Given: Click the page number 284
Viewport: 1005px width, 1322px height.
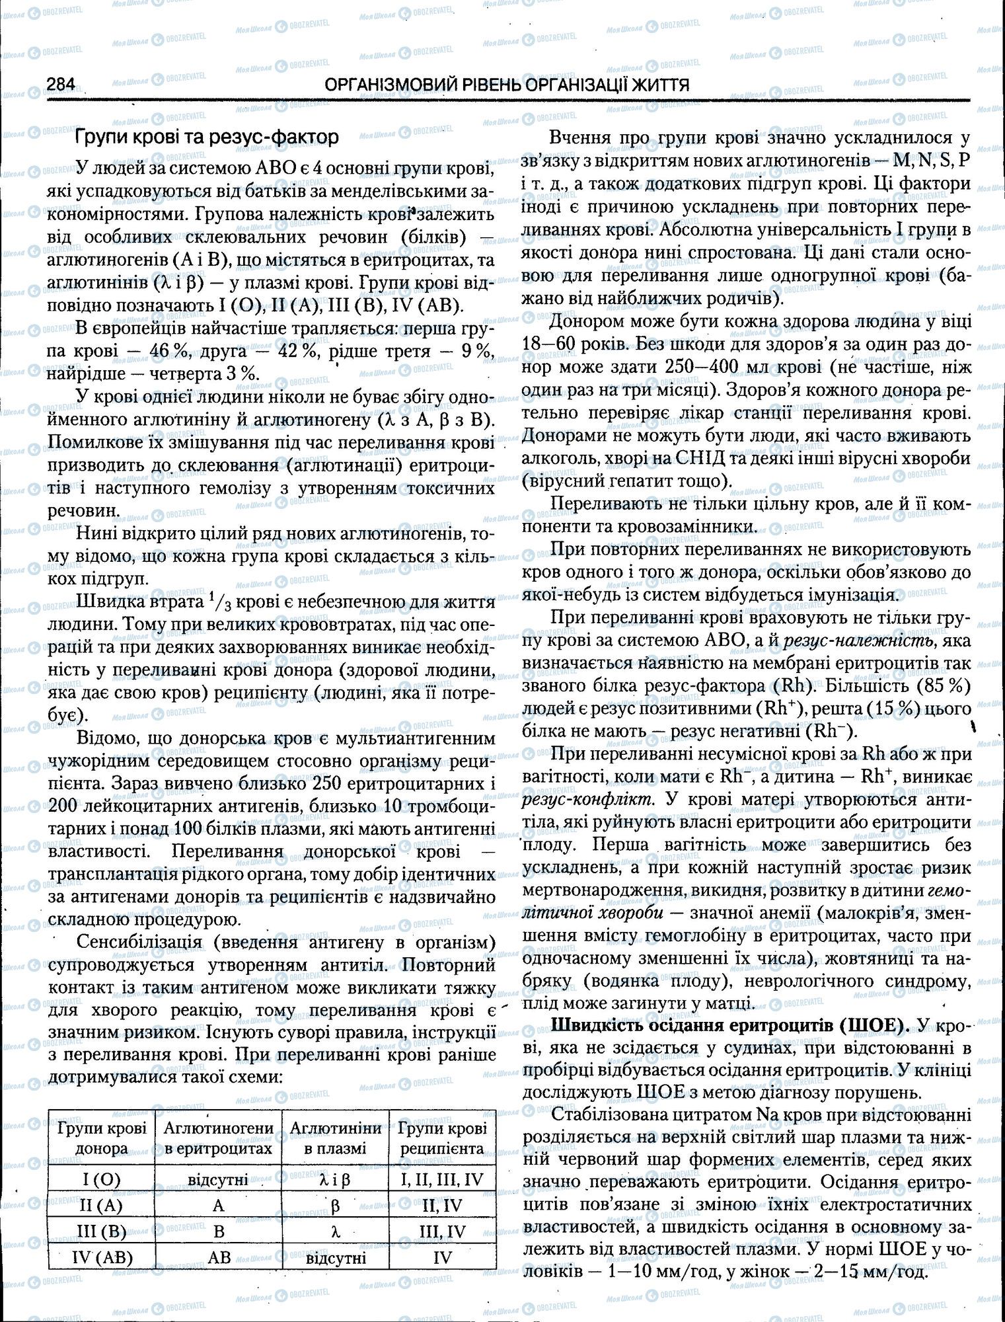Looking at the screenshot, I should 61,85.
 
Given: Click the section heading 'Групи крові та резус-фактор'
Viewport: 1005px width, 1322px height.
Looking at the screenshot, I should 207,137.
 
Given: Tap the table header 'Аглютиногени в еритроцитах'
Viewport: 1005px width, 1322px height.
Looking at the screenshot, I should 218,1137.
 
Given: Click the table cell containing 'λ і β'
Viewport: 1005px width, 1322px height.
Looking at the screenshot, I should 335,1179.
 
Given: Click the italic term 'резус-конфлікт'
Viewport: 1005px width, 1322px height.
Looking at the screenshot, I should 588,798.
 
